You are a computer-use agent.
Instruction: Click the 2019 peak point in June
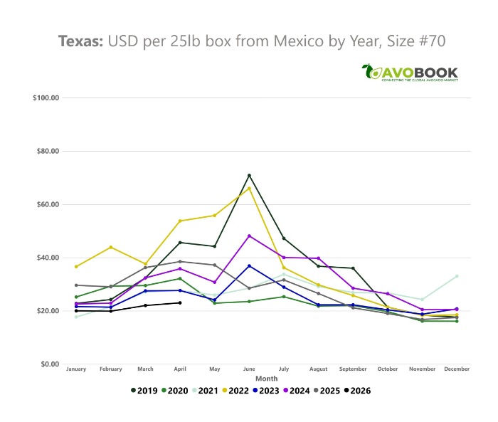click(x=249, y=175)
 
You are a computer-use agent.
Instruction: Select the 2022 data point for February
click(x=111, y=247)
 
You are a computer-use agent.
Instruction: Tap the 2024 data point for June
click(x=249, y=236)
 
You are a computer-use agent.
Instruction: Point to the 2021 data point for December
click(x=456, y=276)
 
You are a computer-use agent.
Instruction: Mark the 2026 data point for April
click(x=180, y=302)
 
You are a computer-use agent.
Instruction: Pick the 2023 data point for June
click(x=249, y=265)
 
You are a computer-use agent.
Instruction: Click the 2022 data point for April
click(x=180, y=221)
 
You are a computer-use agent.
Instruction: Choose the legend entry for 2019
click(x=144, y=390)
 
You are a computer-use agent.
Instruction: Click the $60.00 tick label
click(x=47, y=204)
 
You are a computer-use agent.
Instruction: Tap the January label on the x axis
click(x=76, y=370)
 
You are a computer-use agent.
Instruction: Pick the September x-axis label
click(x=353, y=370)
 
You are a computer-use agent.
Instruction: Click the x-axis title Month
click(x=267, y=378)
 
